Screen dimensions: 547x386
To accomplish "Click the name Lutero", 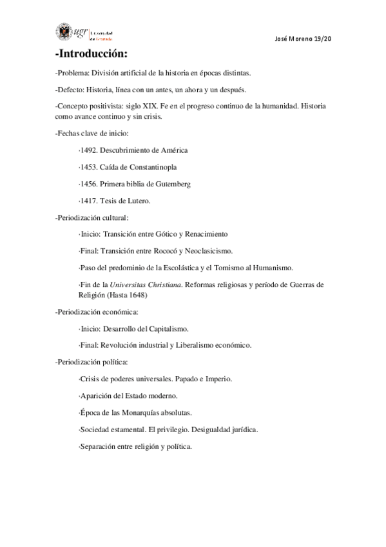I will [x=138, y=201].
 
